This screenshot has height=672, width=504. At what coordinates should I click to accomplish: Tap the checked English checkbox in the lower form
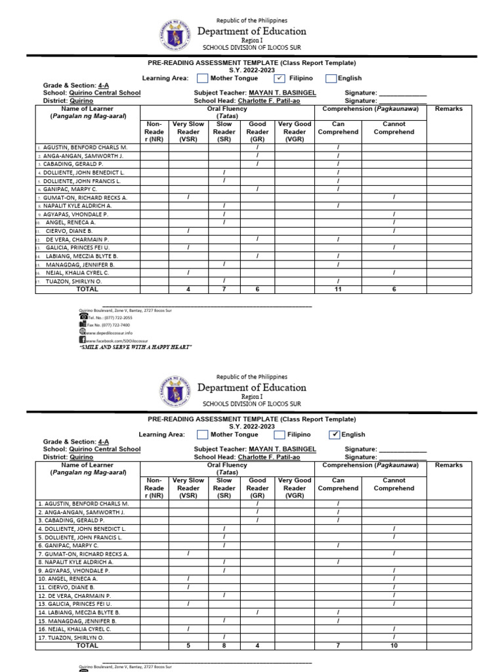(x=335, y=434)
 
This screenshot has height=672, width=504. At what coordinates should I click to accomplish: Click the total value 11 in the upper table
(x=338, y=289)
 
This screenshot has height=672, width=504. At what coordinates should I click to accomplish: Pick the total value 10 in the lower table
(x=394, y=646)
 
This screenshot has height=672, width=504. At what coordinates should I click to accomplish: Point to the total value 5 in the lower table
(x=188, y=646)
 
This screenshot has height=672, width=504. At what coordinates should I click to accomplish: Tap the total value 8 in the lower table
(x=224, y=646)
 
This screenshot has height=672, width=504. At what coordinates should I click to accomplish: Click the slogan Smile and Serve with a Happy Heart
(x=135, y=347)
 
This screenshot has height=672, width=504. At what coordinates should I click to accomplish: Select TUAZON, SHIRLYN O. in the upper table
(x=75, y=281)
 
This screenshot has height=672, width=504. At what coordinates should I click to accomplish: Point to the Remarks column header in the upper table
(x=448, y=109)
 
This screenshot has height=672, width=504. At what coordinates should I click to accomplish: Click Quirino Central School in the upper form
(x=105, y=93)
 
